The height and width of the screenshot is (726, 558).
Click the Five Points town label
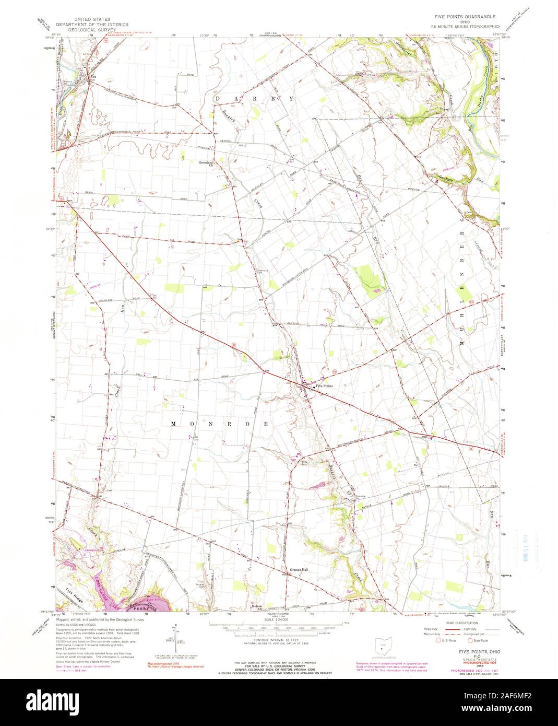[x=324, y=385]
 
